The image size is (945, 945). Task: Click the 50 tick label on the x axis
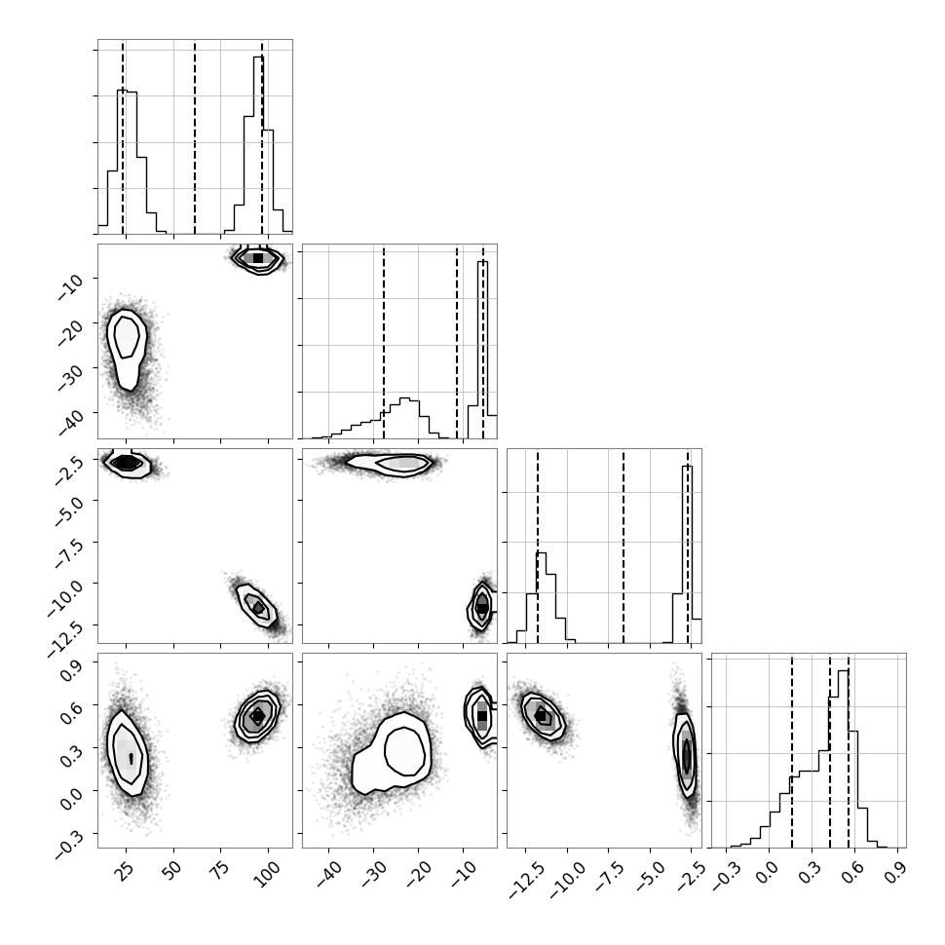(x=172, y=871)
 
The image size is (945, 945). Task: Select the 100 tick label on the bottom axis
(x=266, y=873)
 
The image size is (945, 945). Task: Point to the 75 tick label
(x=219, y=871)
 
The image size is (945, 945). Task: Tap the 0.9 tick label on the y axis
(x=72, y=671)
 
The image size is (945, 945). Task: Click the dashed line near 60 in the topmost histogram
(x=195, y=136)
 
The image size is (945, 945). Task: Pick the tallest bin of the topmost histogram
(x=258, y=144)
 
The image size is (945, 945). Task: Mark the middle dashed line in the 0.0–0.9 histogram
(x=830, y=750)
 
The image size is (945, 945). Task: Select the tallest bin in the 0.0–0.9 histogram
(x=843, y=759)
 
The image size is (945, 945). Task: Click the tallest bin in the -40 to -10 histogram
(x=483, y=350)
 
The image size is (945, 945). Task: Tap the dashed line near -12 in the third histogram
(x=538, y=546)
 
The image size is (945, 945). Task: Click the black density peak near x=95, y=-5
(x=258, y=258)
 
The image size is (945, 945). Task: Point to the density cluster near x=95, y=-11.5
(x=257, y=606)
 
